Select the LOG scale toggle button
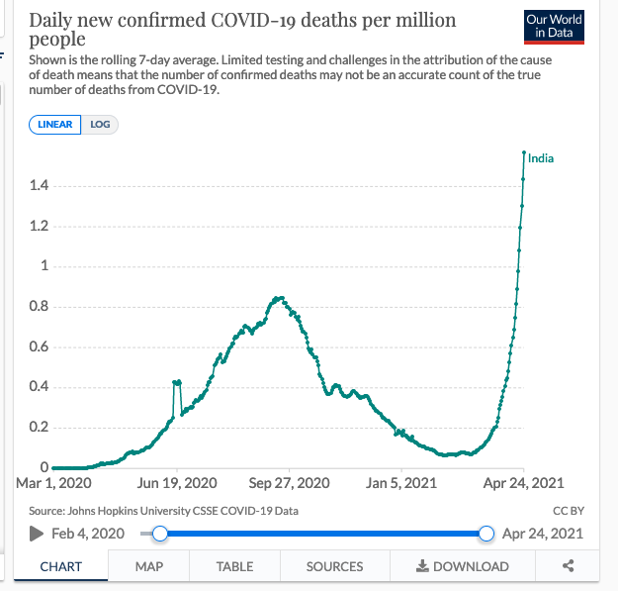point(100,126)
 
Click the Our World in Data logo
point(554,27)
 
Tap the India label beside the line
point(541,158)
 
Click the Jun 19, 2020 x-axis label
point(177,483)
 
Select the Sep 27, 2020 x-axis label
point(290,483)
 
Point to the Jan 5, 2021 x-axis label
point(401,483)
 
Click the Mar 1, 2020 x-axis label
point(55,483)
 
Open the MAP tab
point(149,566)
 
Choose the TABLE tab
point(234,566)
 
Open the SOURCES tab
point(334,566)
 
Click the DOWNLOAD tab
point(462,566)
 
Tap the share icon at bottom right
point(569,566)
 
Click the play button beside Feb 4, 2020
point(37,534)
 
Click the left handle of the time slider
point(160,534)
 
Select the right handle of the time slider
point(486,534)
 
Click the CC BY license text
point(570,511)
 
